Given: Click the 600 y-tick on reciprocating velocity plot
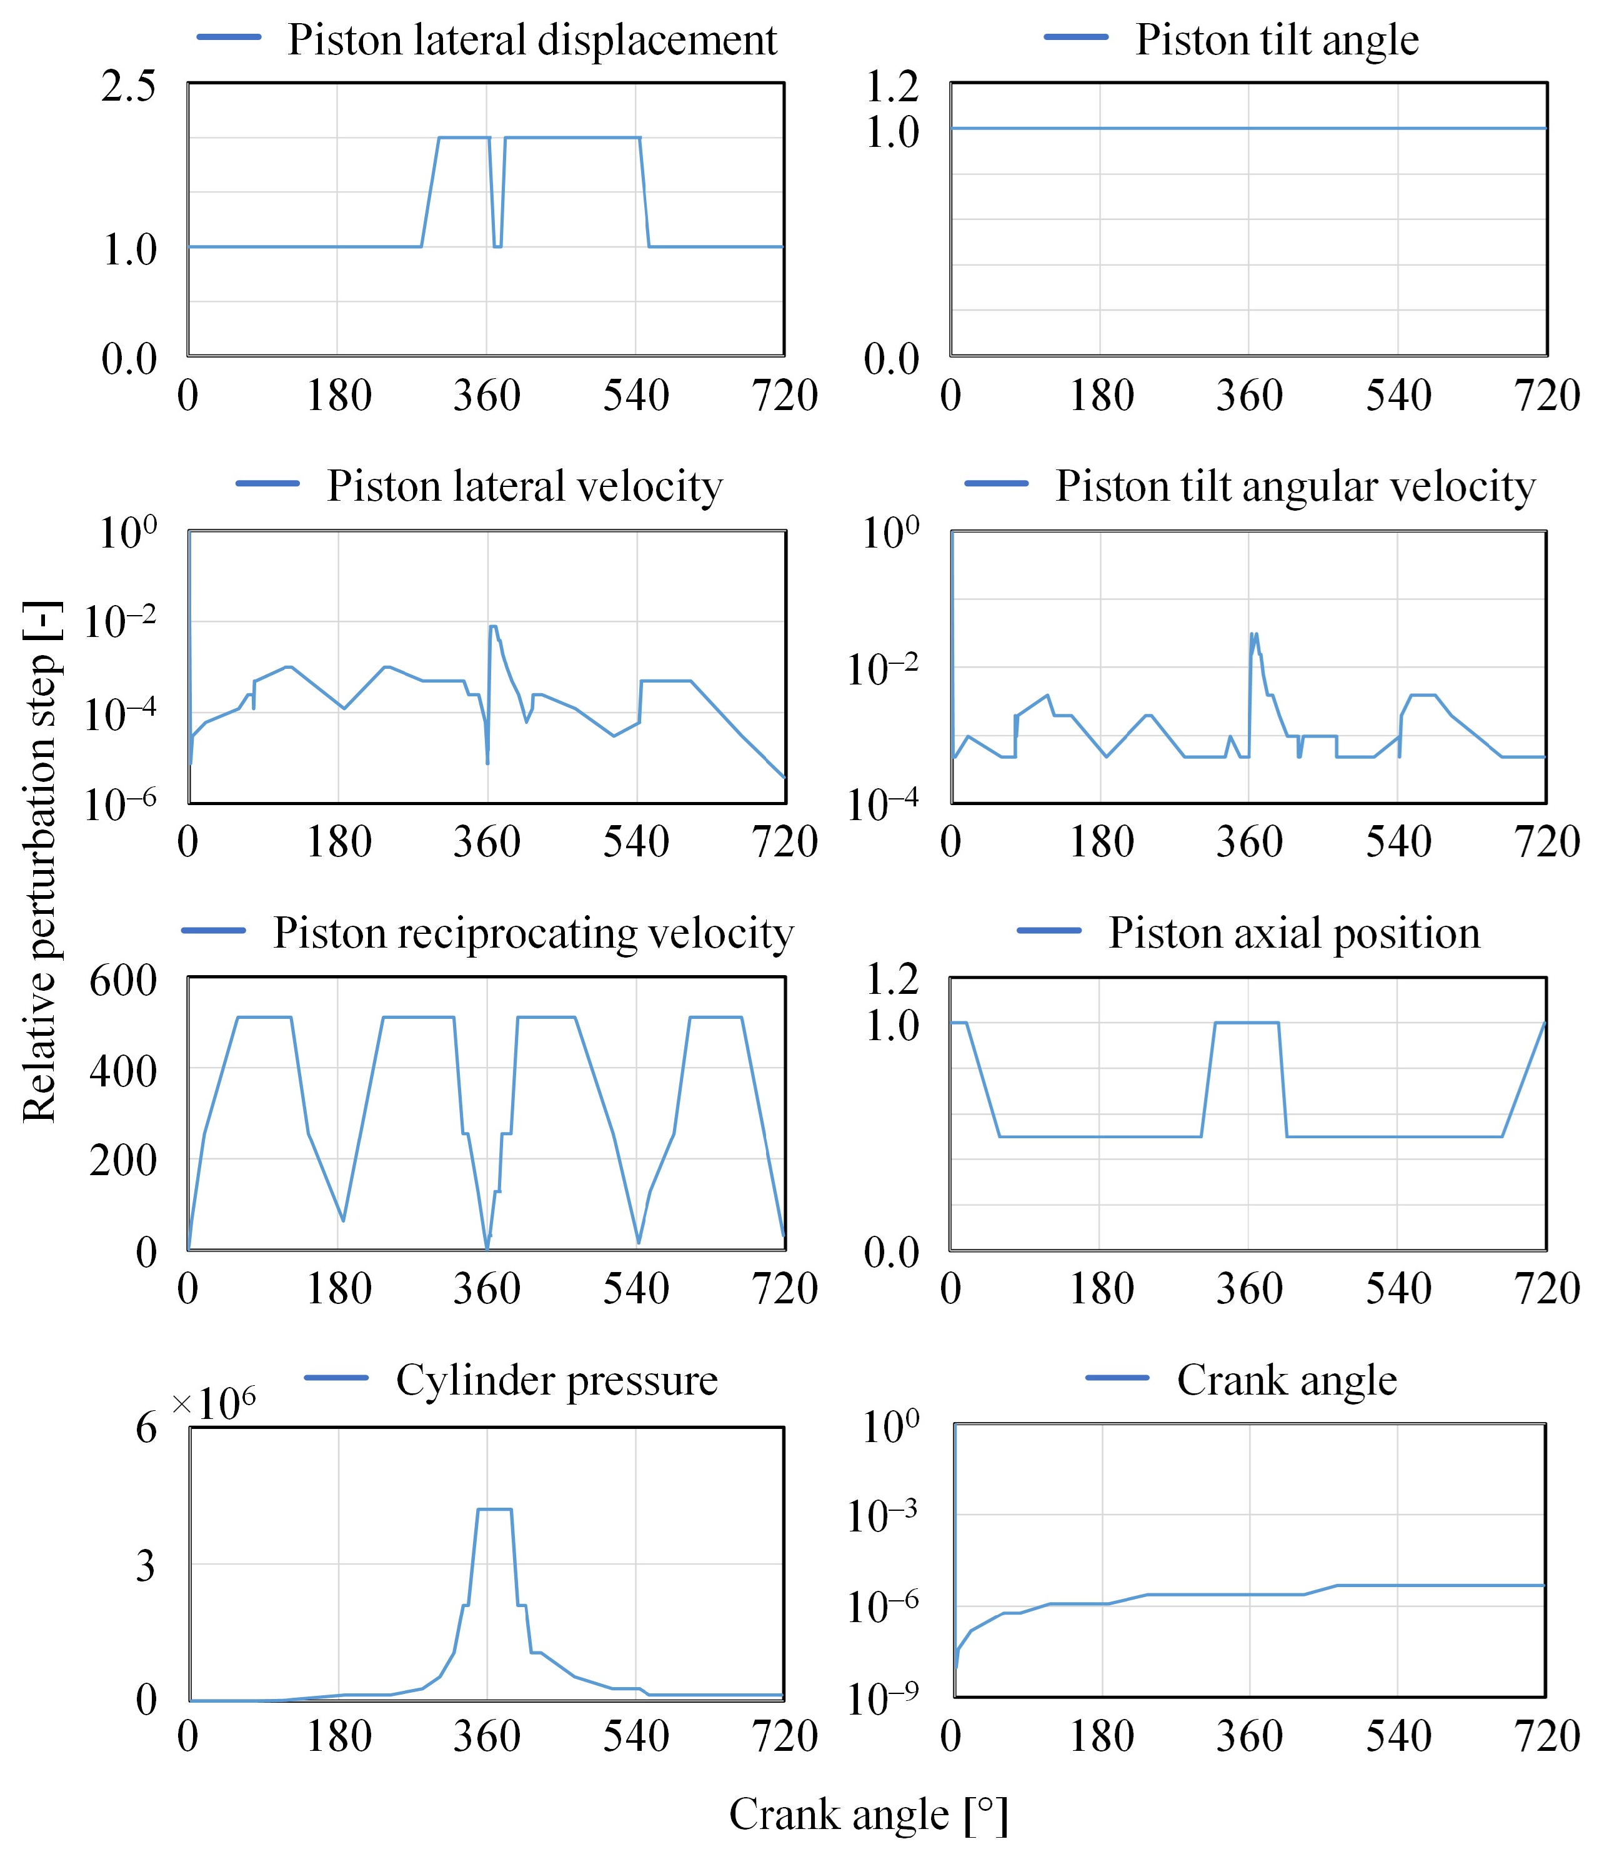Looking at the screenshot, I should pyautogui.click(x=123, y=980).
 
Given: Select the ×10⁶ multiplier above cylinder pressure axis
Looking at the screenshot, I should pyautogui.click(x=214, y=1402).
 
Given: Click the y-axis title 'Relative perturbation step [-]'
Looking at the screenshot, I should pyautogui.click(x=41, y=861).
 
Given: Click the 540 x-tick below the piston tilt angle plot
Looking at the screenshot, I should pyautogui.click(x=1398, y=396).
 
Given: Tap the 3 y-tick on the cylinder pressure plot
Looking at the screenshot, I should pyautogui.click(x=146, y=1566).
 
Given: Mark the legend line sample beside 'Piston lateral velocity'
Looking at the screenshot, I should pyautogui.click(x=267, y=484).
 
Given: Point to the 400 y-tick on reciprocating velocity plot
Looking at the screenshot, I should pyautogui.click(x=123, y=1070).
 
